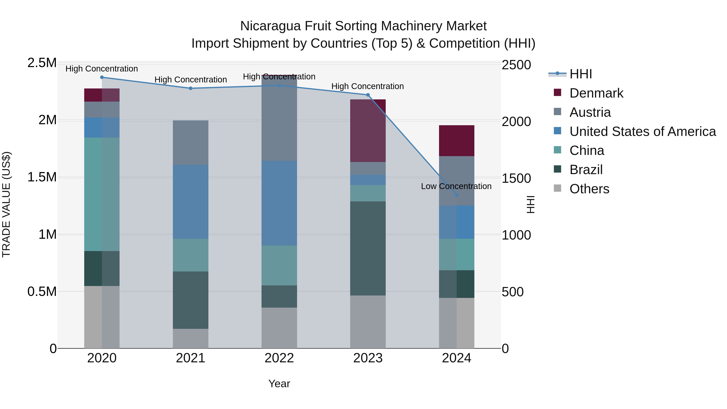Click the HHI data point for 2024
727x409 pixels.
(x=457, y=195)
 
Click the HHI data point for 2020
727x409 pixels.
(x=102, y=77)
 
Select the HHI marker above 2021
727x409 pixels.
(x=190, y=88)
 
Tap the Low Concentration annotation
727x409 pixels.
(x=456, y=186)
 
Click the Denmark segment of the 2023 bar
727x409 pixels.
(x=368, y=131)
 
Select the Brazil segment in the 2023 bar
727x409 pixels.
(x=368, y=248)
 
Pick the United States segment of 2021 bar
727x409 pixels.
(x=190, y=202)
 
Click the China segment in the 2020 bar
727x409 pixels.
(x=102, y=194)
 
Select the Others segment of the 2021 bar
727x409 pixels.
(x=190, y=339)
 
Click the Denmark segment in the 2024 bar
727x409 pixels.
(x=456, y=141)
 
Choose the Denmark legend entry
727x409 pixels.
(x=596, y=93)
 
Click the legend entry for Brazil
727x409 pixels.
(x=586, y=170)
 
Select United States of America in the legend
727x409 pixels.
(x=642, y=131)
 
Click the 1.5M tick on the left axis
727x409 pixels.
(x=42, y=177)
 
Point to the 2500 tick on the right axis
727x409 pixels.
(x=516, y=65)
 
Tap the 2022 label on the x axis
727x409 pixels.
(x=279, y=358)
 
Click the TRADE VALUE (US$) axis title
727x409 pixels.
(x=6, y=204)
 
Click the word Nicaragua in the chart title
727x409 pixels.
(x=270, y=26)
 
